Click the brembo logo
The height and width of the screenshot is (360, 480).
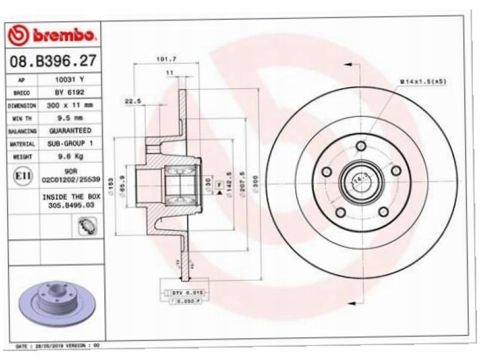point(53,35)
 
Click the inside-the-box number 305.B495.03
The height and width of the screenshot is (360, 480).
point(70,205)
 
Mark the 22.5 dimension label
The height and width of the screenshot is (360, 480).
point(133,101)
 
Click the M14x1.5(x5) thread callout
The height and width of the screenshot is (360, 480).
point(423,81)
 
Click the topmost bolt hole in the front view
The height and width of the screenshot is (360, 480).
point(361,146)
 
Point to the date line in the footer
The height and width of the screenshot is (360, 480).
point(57,347)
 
